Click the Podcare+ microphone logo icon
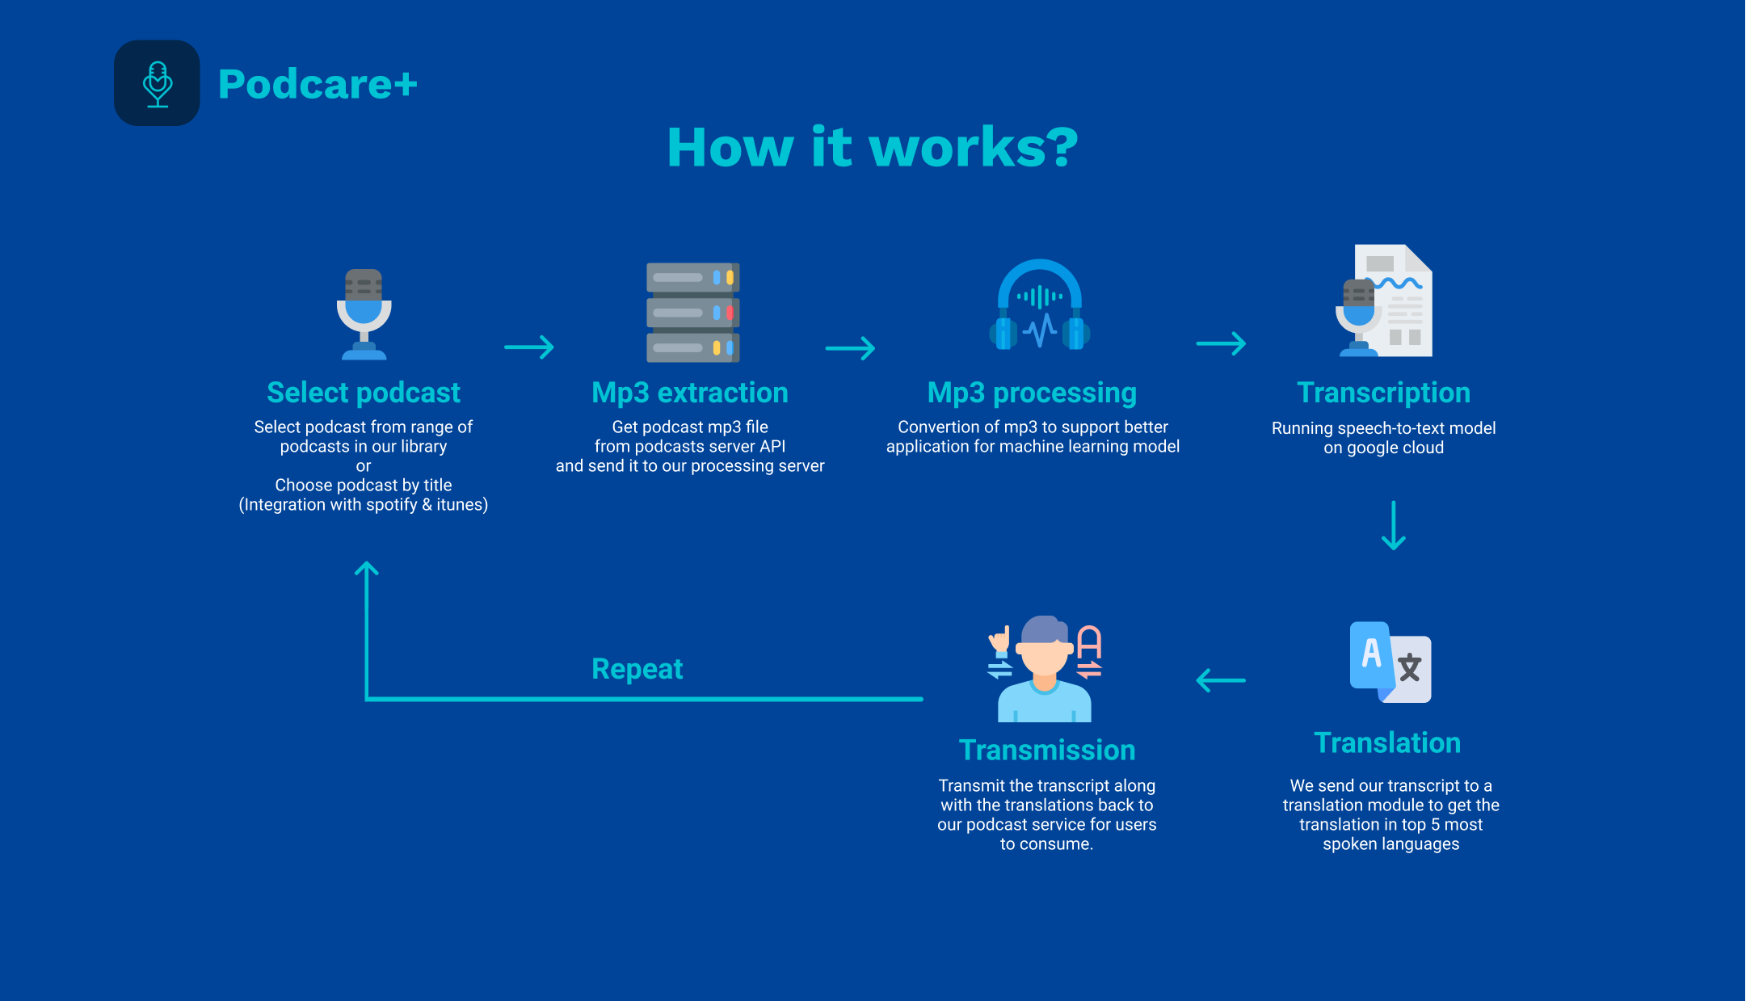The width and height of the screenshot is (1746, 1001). click(157, 83)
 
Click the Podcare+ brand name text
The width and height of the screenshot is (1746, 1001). click(318, 84)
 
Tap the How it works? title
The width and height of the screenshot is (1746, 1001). click(873, 147)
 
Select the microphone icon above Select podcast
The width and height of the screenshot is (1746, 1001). click(364, 314)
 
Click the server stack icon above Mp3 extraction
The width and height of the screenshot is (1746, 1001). click(693, 313)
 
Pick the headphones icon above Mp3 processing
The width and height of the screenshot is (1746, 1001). click(1040, 305)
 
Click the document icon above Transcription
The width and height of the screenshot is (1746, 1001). click(1385, 301)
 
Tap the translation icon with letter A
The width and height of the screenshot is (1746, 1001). click(1390, 662)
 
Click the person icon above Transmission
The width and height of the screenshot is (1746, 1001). click(1045, 669)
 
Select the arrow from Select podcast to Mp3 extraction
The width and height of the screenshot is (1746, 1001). click(529, 347)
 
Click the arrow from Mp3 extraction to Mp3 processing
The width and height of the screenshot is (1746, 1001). click(850, 348)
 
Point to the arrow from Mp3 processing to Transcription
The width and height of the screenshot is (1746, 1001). click(1221, 343)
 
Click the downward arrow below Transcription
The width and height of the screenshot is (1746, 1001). click(1394, 525)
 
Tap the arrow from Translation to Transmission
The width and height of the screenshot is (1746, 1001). click(1221, 680)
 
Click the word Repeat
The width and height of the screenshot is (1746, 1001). click(637, 669)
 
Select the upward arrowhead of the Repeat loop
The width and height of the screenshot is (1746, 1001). click(367, 568)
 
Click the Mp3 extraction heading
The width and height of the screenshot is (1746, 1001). click(690, 393)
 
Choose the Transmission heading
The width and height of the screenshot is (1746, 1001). click(1047, 750)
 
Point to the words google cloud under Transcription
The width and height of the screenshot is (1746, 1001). click(1395, 448)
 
